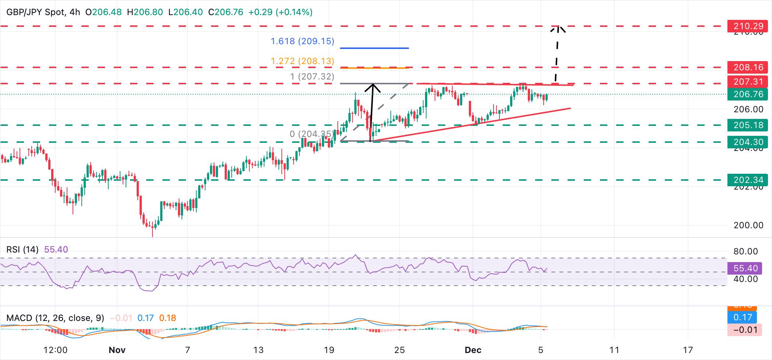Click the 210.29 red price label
point(748,26)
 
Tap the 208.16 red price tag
point(748,67)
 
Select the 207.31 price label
point(748,82)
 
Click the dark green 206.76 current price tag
point(748,94)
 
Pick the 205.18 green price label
point(748,125)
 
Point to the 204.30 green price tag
point(748,142)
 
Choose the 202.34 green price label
point(748,180)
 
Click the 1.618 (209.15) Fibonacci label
point(302,41)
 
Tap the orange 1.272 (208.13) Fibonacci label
point(302,61)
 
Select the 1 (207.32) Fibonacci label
point(312,77)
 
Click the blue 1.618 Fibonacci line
point(374,48)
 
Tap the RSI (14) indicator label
point(22,250)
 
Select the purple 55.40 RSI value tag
point(745,268)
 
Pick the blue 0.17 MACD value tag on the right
point(743,317)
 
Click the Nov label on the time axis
point(117,350)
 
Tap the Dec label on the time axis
point(473,350)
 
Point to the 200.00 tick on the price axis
point(748,225)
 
